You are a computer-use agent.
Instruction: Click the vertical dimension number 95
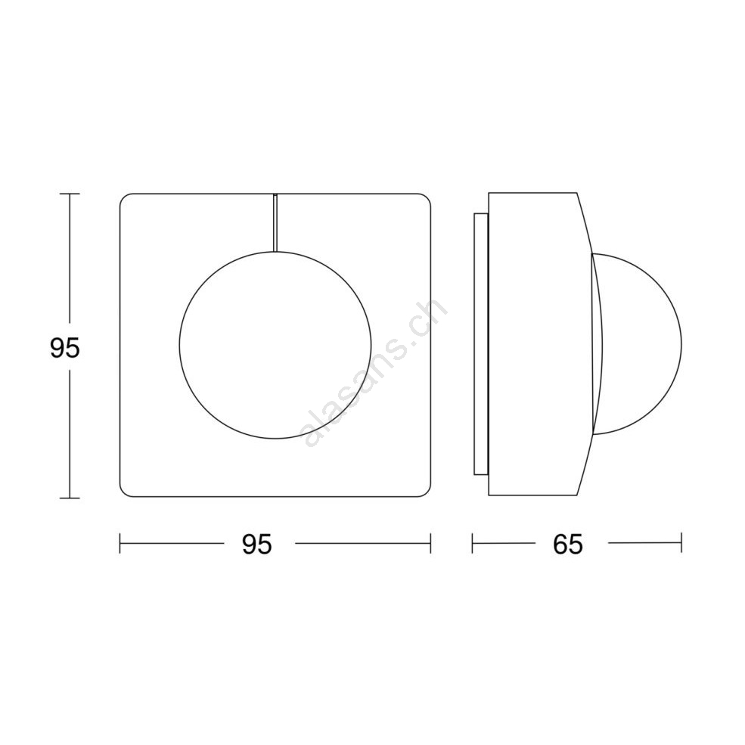coord(65,348)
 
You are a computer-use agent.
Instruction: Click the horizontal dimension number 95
coord(257,544)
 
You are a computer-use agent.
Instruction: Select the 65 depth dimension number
coord(568,544)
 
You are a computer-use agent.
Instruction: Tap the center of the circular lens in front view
coord(275,345)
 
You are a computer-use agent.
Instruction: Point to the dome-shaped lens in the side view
coord(637,344)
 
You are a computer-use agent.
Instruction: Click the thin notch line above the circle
coord(275,222)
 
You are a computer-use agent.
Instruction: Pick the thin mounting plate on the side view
coord(480,344)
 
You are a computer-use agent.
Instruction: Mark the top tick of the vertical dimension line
coord(70,194)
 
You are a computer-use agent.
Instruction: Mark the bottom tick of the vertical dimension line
coord(70,498)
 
